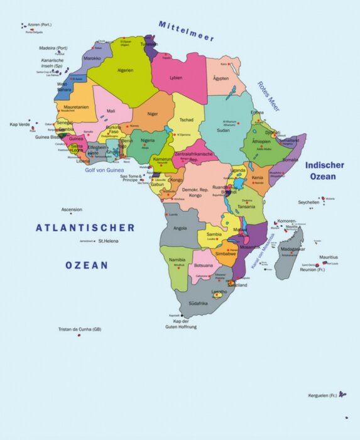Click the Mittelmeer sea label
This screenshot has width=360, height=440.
tap(186, 31)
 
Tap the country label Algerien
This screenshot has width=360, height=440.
tap(125, 70)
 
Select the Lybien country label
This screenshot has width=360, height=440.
tap(176, 78)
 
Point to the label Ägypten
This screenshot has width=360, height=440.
tap(221, 79)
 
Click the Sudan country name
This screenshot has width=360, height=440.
tap(223, 130)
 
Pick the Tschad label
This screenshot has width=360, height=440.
tap(187, 119)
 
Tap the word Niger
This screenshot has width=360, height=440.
tap(153, 113)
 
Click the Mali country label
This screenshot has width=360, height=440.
tap(111, 111)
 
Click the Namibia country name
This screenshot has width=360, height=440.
tap(177, 260)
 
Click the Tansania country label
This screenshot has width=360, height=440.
tap(246, 206)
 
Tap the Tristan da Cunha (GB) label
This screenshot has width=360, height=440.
tap(80, 329)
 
